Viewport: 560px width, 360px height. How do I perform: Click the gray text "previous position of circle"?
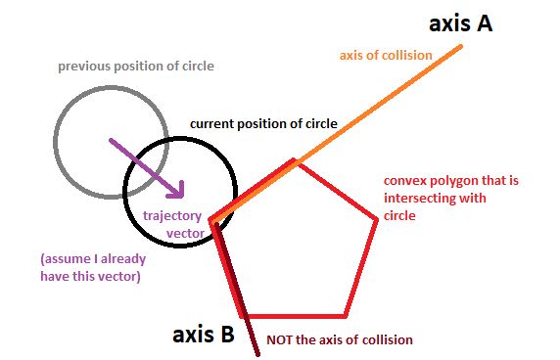135,67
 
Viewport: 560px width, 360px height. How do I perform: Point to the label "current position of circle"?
262,124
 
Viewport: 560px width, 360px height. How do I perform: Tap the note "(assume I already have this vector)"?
90,268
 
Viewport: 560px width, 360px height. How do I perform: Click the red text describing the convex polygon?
428,198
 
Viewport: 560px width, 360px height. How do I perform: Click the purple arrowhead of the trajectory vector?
181,192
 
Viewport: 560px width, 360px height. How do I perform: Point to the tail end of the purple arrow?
109,139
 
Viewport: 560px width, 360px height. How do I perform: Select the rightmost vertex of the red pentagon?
377,219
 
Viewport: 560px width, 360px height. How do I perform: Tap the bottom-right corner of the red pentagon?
345,315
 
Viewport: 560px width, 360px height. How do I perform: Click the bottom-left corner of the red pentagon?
245,315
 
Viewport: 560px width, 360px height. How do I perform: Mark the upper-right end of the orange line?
460,46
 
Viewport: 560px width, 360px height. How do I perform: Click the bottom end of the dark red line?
257,355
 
